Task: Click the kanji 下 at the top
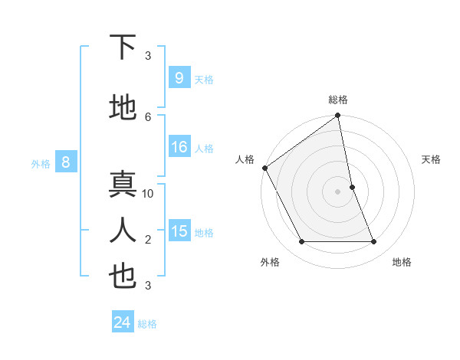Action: pyautogui.click(x=123, y=47)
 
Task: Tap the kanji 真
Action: pyautogui.click(x=123, y=185)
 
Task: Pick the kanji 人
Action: pyautogui.click(x=123, y=230)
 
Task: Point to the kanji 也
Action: pyautogui.click(x=123, y=277)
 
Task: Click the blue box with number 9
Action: pyautogui.click(x=179, y=77)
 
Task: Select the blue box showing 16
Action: pyautogui.click(x=179, y=147)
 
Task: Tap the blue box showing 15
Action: pyautogui.click(x=179, y=231)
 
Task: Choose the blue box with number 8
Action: pyautogui.click(x=66, y=162)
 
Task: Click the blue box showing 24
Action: pyautogui.click(x=122, y=322)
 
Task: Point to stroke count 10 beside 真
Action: pyautogui.click(x=148, y=194)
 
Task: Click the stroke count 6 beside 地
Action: pyautogui.click(x=148, y=116)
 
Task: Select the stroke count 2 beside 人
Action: pyautogui.click(x=148, y=240)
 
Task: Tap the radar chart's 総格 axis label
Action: pyautogui.click(x=338, y=100)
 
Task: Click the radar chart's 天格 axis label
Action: pyautogui.click(x=432, y=159)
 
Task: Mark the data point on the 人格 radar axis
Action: pyautogui.click(x=264, y=168)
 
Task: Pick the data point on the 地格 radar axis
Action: pyautogui.click(x=374, y=241)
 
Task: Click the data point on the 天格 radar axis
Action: pyautogui.click(x=352, y=187)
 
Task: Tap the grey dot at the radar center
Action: pyautogui.click(x=338, y=191)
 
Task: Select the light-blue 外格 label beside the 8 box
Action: pyautogui.click(x=41, y=163)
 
